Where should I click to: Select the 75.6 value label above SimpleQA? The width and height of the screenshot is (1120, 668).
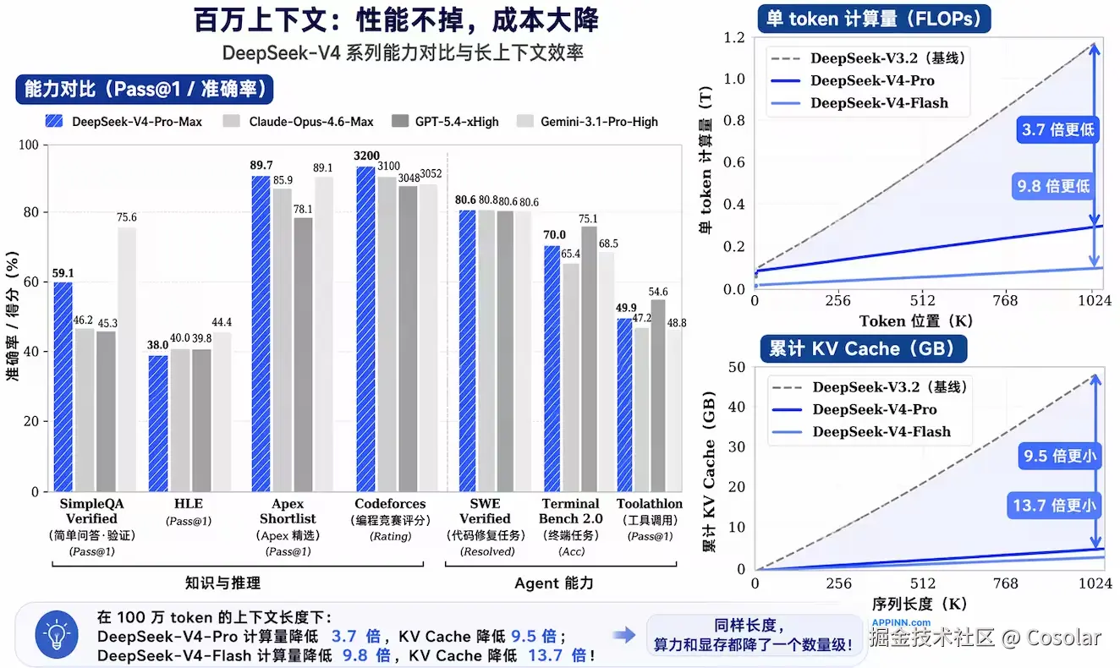click(127, 218)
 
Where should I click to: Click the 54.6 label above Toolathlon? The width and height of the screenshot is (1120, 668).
click(657, 292)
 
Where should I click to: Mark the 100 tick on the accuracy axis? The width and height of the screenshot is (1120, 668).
click(34, 145)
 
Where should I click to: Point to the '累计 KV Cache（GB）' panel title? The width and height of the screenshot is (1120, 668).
click(863, 349)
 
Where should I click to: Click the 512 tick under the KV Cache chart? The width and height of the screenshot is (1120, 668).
click(922, 584)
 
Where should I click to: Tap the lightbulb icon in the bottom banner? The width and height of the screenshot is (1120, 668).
click(57, 636)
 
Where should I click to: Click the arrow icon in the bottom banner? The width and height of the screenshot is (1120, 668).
click(624, 635)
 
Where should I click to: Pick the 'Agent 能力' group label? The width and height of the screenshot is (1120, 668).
click(554, 583)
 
